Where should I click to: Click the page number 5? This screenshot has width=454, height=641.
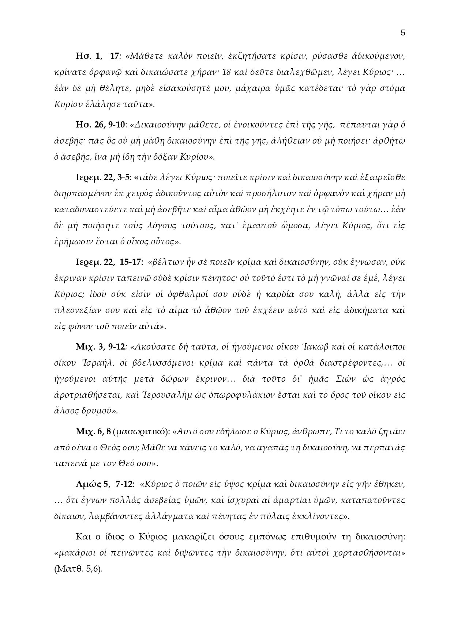tap(403, 33)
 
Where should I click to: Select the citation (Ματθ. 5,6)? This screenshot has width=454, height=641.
tap(78, 569)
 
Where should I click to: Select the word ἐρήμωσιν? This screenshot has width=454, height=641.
tap(72, 242)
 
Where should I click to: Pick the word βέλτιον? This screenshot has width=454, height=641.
tap(165, 262)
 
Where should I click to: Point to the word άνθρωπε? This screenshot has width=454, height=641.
tap(311, 432)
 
